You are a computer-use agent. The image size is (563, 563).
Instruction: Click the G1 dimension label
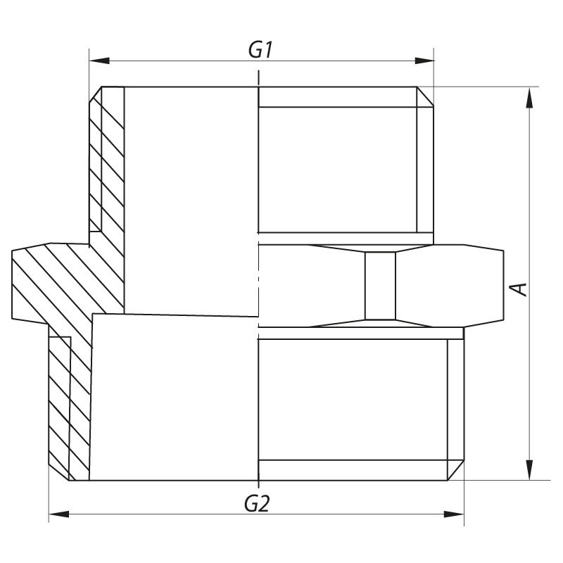pyautogui.click(x=260, y=50)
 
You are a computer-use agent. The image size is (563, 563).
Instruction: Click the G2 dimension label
pyautogui.click(x=258, y=503)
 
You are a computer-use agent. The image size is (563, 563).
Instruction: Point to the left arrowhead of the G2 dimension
pyautogui.click(x=58, y=514)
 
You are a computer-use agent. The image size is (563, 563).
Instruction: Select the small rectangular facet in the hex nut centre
pyautogui.click(x=380, y=286)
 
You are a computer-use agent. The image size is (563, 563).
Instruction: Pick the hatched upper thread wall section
pyautogui.click(x=106, y=162)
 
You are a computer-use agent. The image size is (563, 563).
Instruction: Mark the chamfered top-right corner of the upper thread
pyautogui.click(x=426, y=97)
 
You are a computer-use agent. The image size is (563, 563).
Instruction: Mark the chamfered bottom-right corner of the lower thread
pyautogui.click(x=456, y=470)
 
